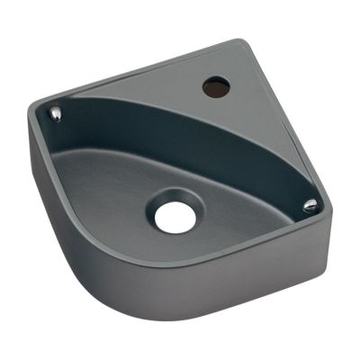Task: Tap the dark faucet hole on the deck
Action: [215, 87]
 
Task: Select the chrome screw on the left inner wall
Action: [57, 113]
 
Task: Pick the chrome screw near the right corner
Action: [310, 206]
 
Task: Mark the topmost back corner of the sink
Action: [240, 42]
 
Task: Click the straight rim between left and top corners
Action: [135, 77]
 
